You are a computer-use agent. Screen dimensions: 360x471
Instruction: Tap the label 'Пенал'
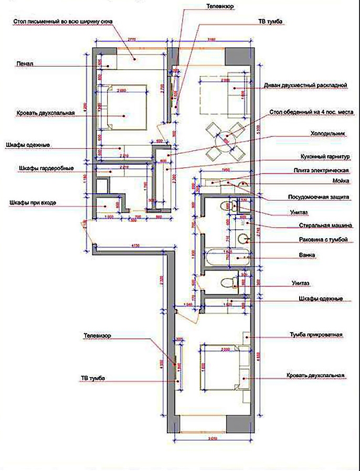pyautogui.click(x=25, y=63)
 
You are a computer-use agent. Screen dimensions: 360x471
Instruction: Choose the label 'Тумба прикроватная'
pyautogui.click(x=317, y=334)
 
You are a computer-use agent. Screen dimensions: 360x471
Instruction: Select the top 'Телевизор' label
pyautogui.click(x=219, y=6)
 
